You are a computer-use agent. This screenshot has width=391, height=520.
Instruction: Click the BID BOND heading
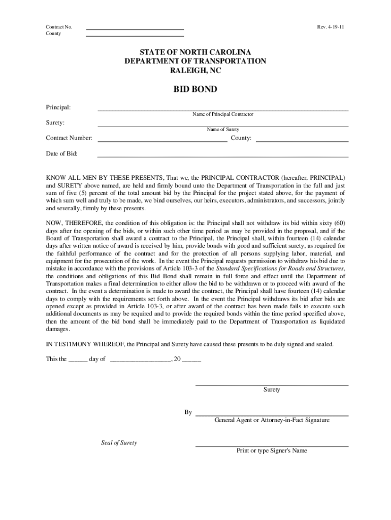[195, 89]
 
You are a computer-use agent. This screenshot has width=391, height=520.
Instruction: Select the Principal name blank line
[222, 110]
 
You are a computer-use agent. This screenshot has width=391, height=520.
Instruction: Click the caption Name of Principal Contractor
[222, 115]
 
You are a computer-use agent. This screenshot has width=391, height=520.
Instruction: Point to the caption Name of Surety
[222, 129]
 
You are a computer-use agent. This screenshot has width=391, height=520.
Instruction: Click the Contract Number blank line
[162, 141]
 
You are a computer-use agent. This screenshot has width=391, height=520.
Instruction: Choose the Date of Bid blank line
[222, 156]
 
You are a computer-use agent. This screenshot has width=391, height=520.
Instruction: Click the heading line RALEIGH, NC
[195, 71]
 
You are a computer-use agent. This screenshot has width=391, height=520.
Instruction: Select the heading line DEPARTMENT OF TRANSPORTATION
[195, 61]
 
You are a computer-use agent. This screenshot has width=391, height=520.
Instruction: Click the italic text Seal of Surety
[119, 443]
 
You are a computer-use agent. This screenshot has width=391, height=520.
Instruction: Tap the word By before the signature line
[188, 412]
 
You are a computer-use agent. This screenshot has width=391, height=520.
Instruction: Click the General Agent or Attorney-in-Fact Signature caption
[272, 420]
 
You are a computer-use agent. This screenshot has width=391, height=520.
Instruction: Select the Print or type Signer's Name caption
[272, 451]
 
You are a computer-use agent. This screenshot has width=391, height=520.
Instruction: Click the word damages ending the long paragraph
[58, 329]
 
